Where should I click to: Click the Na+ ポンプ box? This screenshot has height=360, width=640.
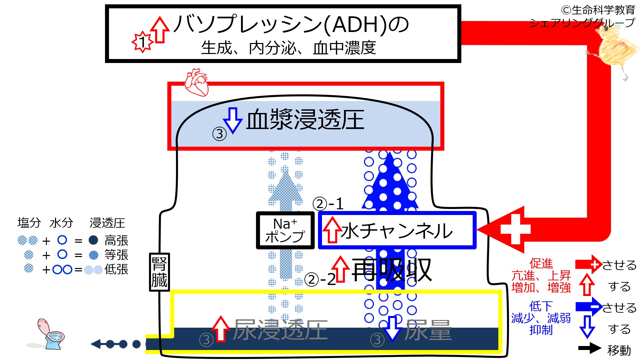(x=285, y=230)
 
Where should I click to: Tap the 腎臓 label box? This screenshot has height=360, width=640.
(x=159, y=272)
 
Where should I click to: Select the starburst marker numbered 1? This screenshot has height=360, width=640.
(x=142, y=42)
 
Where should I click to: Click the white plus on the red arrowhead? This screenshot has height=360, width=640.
(x=515, y=229)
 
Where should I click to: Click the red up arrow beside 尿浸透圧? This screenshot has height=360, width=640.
(x=221, y=329)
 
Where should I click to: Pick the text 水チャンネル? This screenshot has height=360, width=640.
(x=397, y=231)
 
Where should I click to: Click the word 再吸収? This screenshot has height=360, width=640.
(x=392, y=270)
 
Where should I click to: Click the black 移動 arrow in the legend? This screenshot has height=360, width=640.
(x=589, y=348)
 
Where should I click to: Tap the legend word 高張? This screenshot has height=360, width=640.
(x=116, y=240)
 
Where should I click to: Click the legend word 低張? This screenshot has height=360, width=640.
(x=116, y=269)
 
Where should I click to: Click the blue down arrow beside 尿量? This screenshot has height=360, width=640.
(x=392, y=329)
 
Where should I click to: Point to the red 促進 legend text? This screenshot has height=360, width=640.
(x=541, y=263)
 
